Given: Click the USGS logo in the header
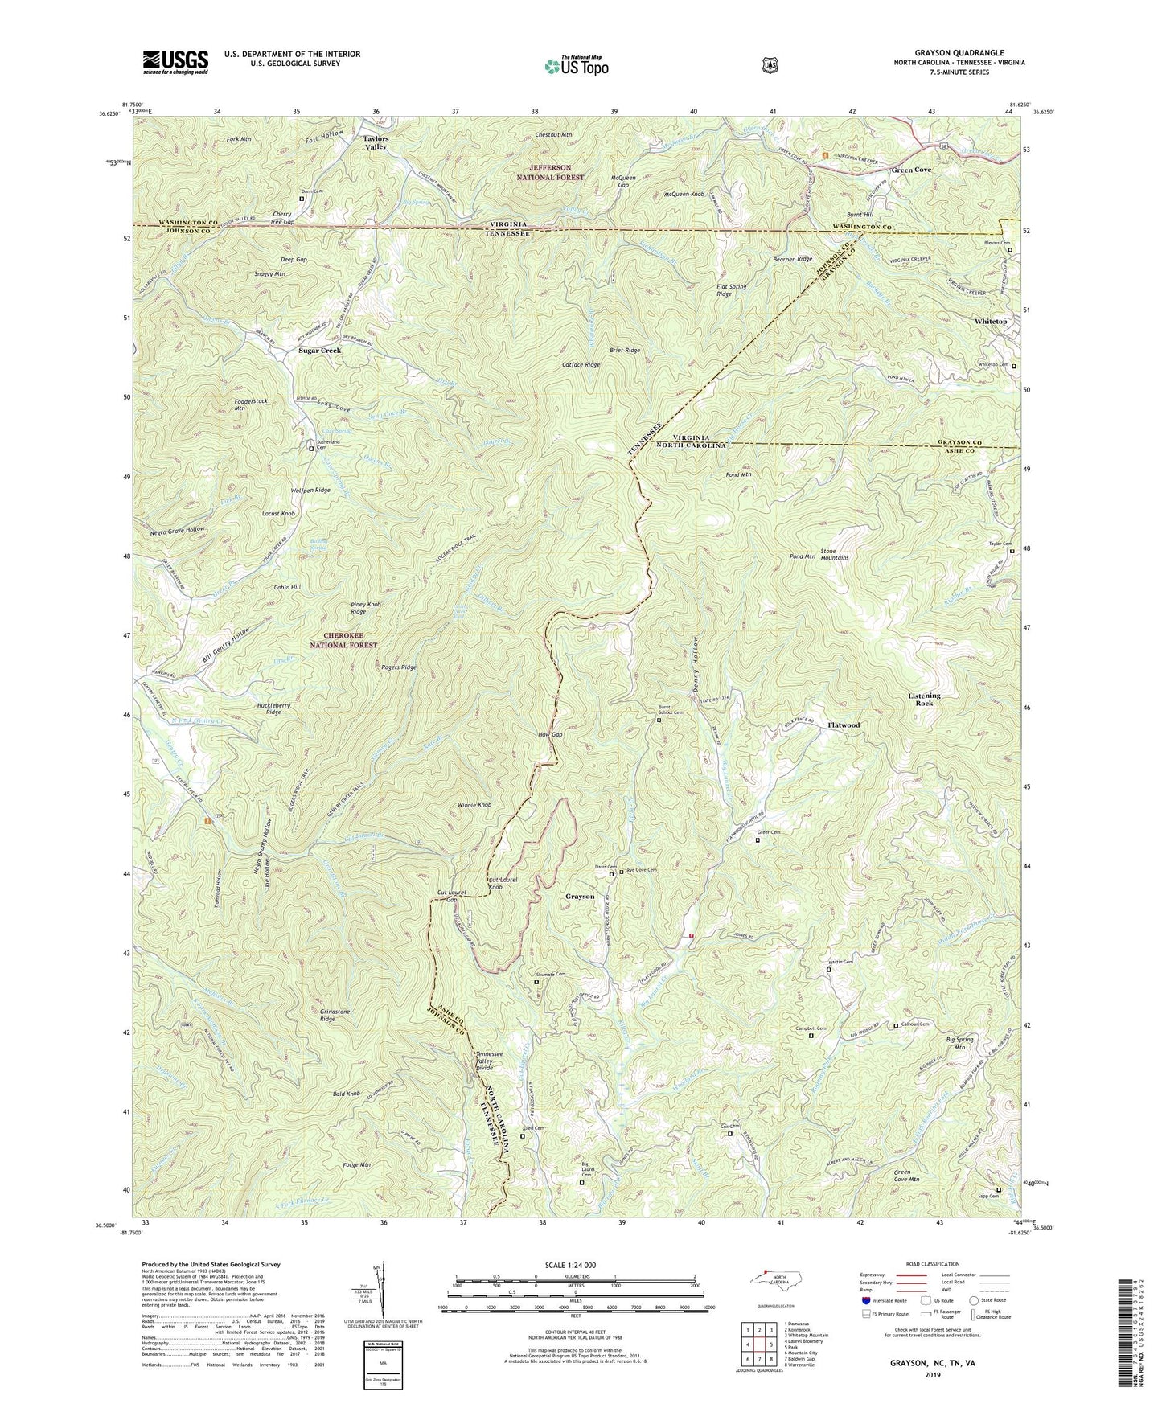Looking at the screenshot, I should point(175,61).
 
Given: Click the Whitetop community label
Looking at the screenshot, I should point(990,321).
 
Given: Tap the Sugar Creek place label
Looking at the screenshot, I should point(319,351).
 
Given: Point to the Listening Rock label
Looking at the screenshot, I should point(924,699).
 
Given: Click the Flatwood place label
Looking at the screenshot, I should point(844,725).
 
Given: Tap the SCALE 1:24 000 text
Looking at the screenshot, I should point(575,1265).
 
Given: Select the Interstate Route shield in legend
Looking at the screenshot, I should point(866,1300).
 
